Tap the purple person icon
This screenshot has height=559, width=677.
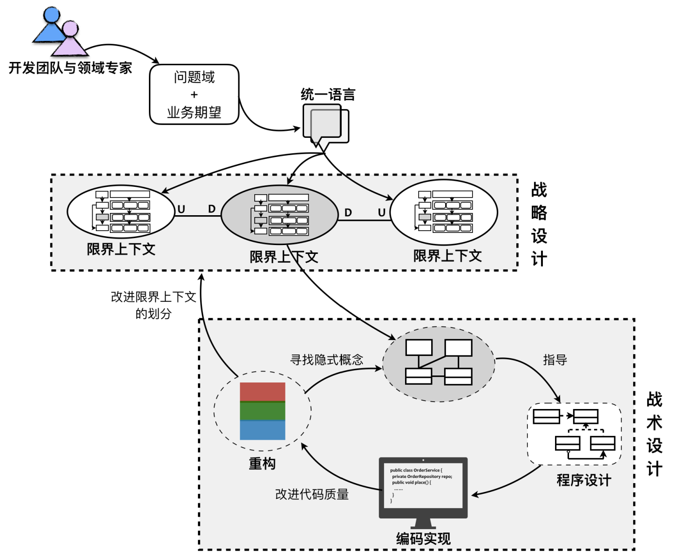(x=70, y=40)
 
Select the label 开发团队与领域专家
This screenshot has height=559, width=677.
(x=70, y=68)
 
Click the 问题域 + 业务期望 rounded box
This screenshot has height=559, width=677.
(x=194, y=95)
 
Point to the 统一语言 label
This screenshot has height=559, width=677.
(x=328, y=95)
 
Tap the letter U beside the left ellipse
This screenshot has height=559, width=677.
(x=182, y=210)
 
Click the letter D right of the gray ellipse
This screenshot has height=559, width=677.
(x=348, y=213)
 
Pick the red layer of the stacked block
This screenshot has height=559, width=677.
(x=263, y=392)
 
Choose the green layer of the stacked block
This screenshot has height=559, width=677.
(x=263, y=411)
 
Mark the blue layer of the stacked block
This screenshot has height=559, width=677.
(x=263, y=430)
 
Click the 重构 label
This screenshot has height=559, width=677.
(x=262, y=464)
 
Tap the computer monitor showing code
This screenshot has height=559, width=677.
(x=423, y=487)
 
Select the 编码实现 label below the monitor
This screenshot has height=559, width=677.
(x=423, y=539)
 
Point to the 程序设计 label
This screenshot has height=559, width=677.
(x=584, y=480)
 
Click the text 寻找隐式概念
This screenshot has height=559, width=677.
(x=327, y=360)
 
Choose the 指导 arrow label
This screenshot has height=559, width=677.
(x=555, y=360)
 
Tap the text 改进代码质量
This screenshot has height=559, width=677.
(x=312, y=494)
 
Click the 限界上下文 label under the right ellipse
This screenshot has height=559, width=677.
(x=447, y=256)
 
